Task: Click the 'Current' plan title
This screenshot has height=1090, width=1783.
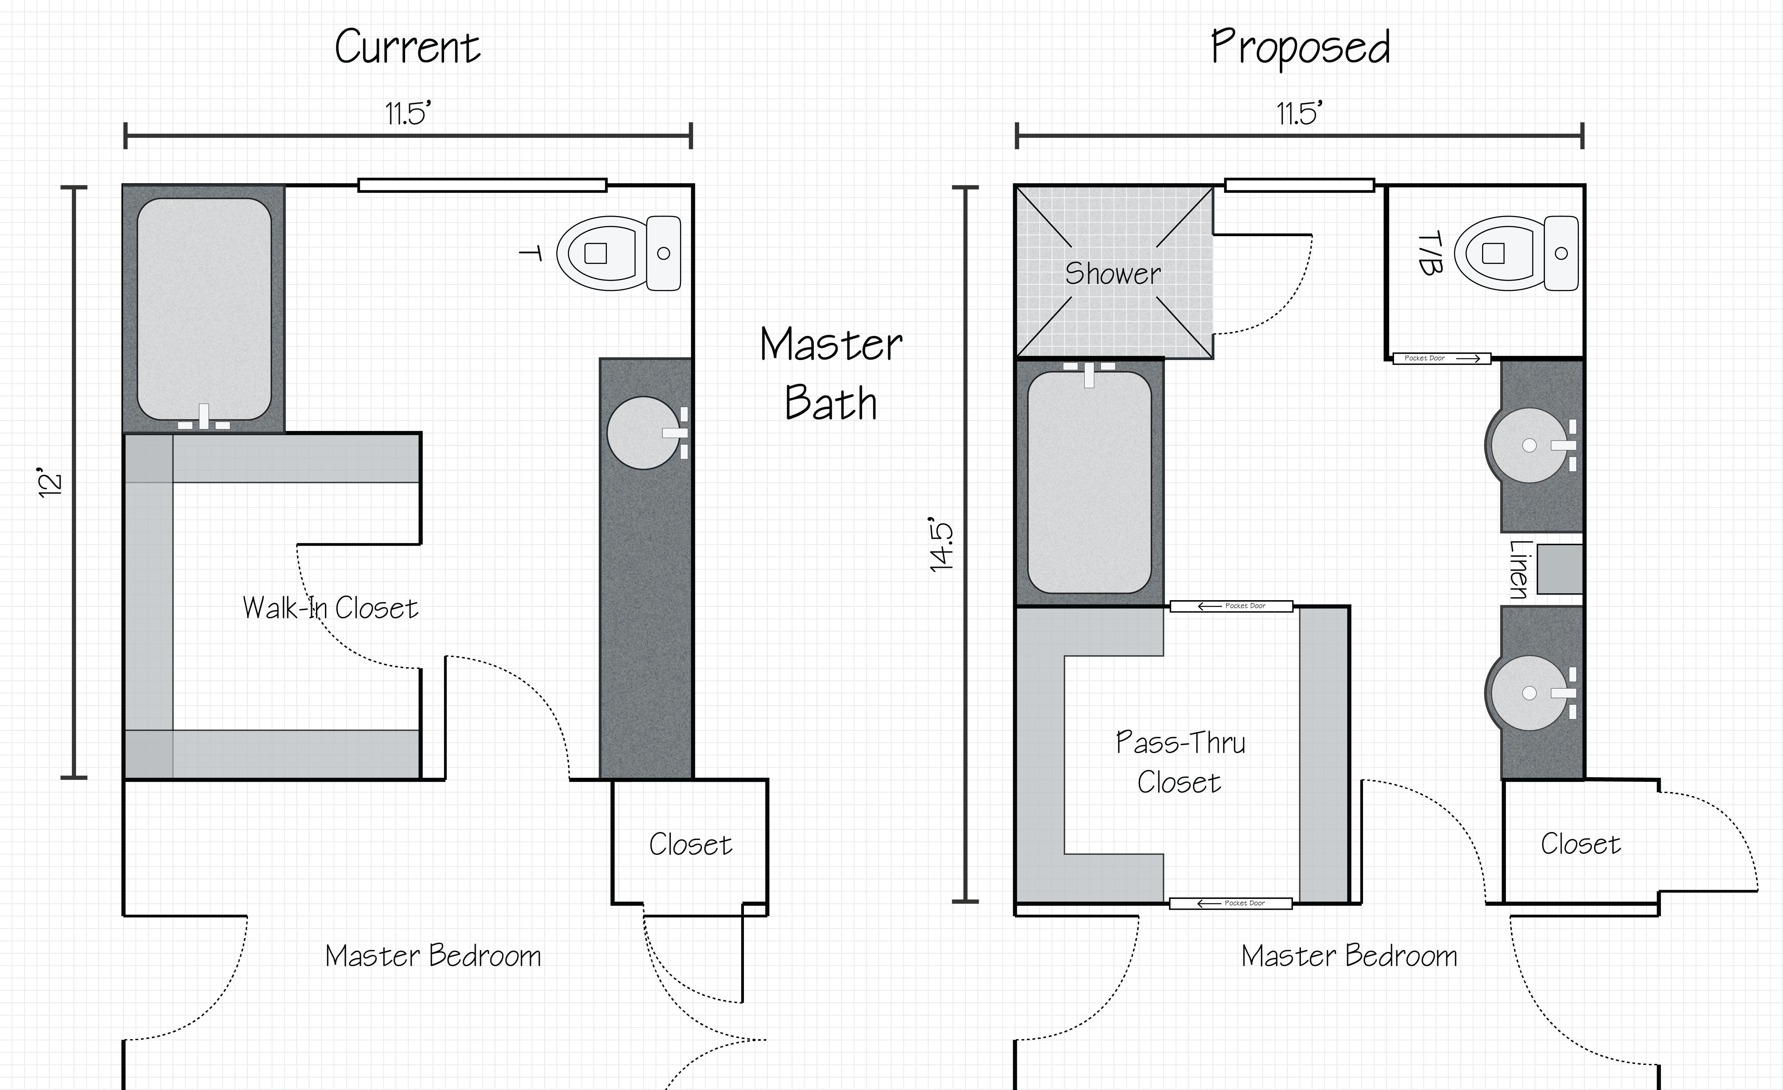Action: [407, 48]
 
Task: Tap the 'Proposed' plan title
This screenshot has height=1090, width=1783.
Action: [1300, 48]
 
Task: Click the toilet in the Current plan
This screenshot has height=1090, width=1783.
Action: [619, 253]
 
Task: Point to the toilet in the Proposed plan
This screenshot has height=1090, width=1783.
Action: [1516, 253]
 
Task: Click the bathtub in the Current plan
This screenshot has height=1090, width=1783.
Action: [204, 309]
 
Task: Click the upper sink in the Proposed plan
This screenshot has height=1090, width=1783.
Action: [1529, 445]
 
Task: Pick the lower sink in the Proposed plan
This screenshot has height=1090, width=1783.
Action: [1529, 693]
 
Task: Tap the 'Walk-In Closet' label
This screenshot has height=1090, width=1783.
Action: [330, 608]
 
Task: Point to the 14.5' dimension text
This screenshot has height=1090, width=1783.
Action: [942, 544]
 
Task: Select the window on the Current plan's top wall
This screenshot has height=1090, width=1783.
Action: [482, 185]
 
